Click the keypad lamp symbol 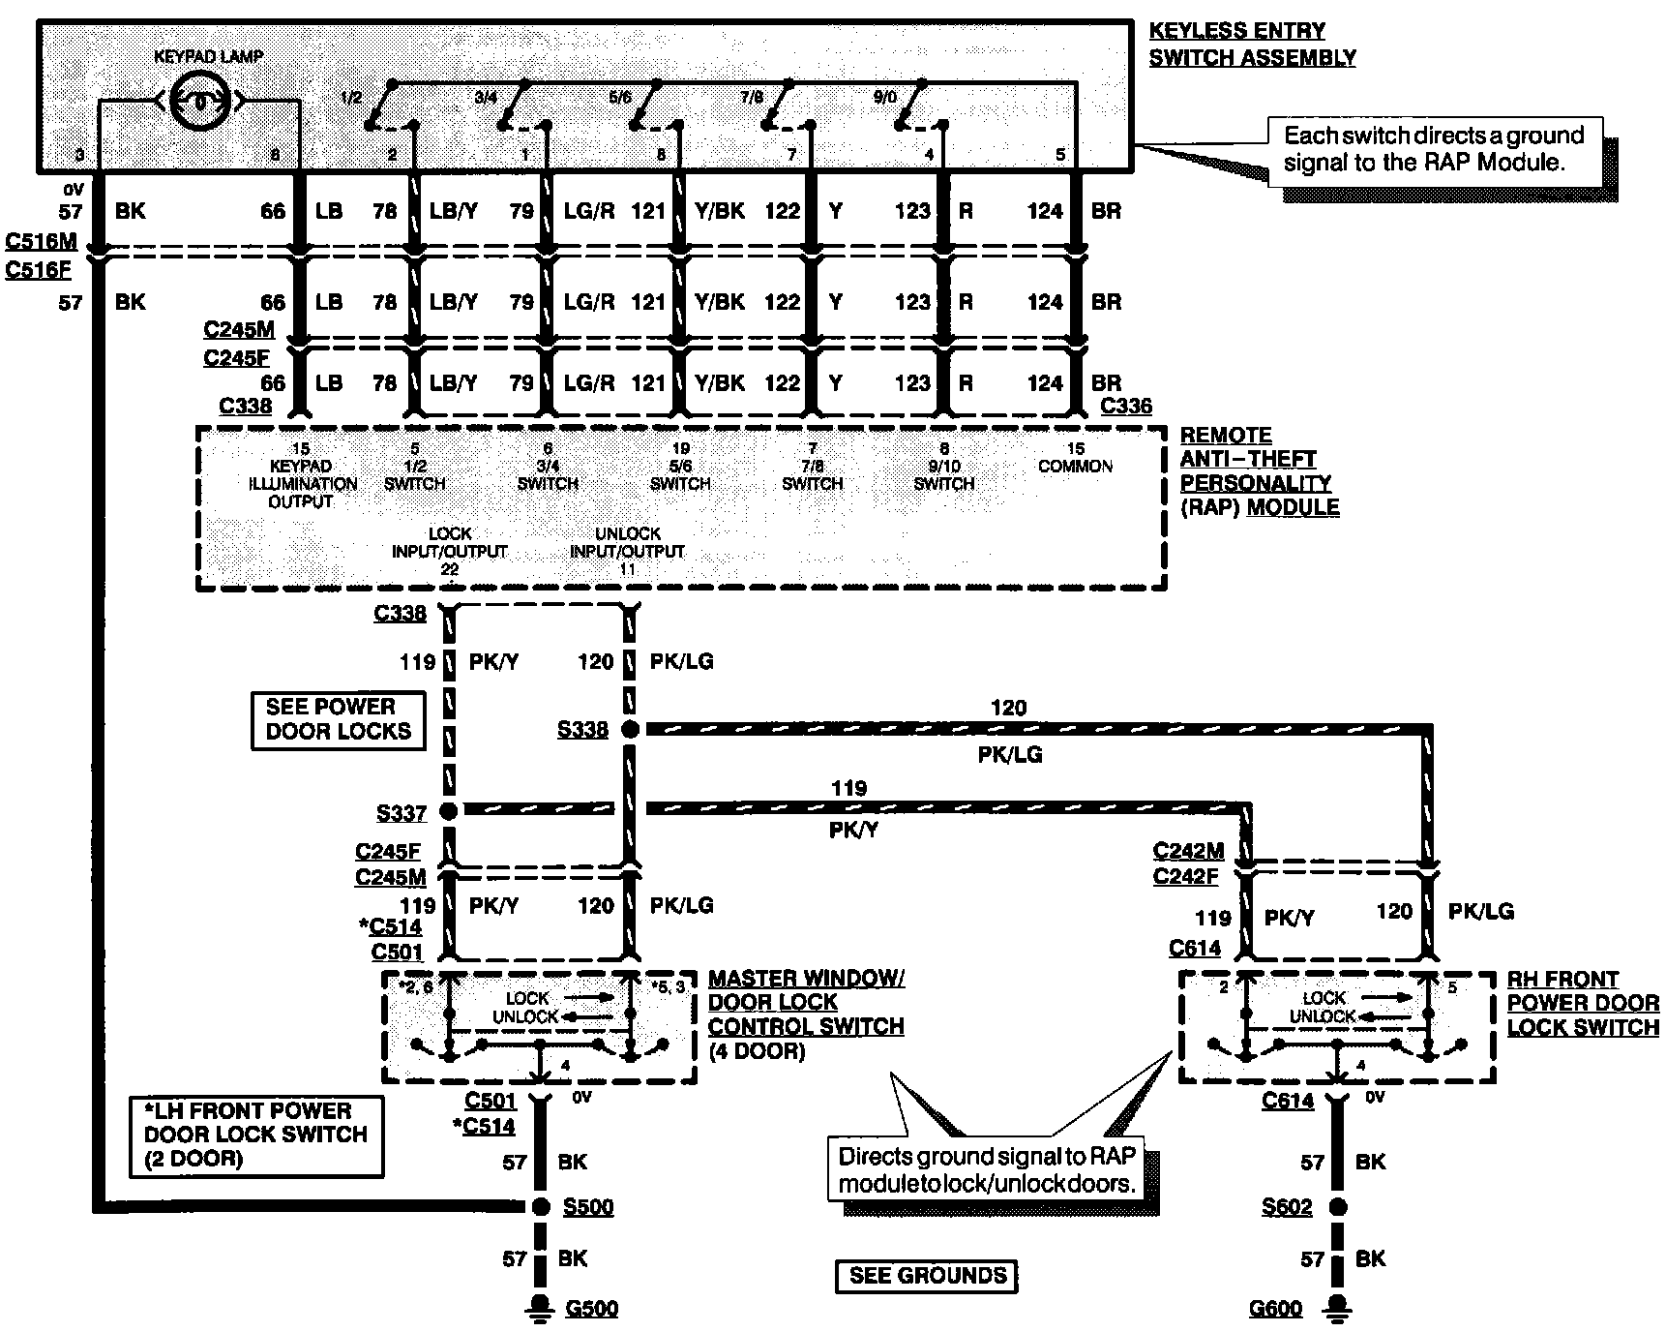point(198,99)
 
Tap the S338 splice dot point(629,729)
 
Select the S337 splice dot point(448,810)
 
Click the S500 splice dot point(540,1206)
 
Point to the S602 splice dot point(1337,1206)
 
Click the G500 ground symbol point(540,1306)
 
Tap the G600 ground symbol point(1337,1306)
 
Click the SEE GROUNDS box point(926,1275)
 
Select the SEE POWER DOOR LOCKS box point(338,719)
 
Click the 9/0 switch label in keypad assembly point(884,97)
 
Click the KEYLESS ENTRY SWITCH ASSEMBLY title point(1252,45)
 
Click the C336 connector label point(1126,406)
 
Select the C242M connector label point(1188,851)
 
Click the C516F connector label point(39,270)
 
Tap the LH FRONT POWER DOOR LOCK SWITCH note point(256,1135)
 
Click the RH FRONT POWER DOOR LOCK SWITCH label point(1583,1003)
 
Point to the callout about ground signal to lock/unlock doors point(986,1169)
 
